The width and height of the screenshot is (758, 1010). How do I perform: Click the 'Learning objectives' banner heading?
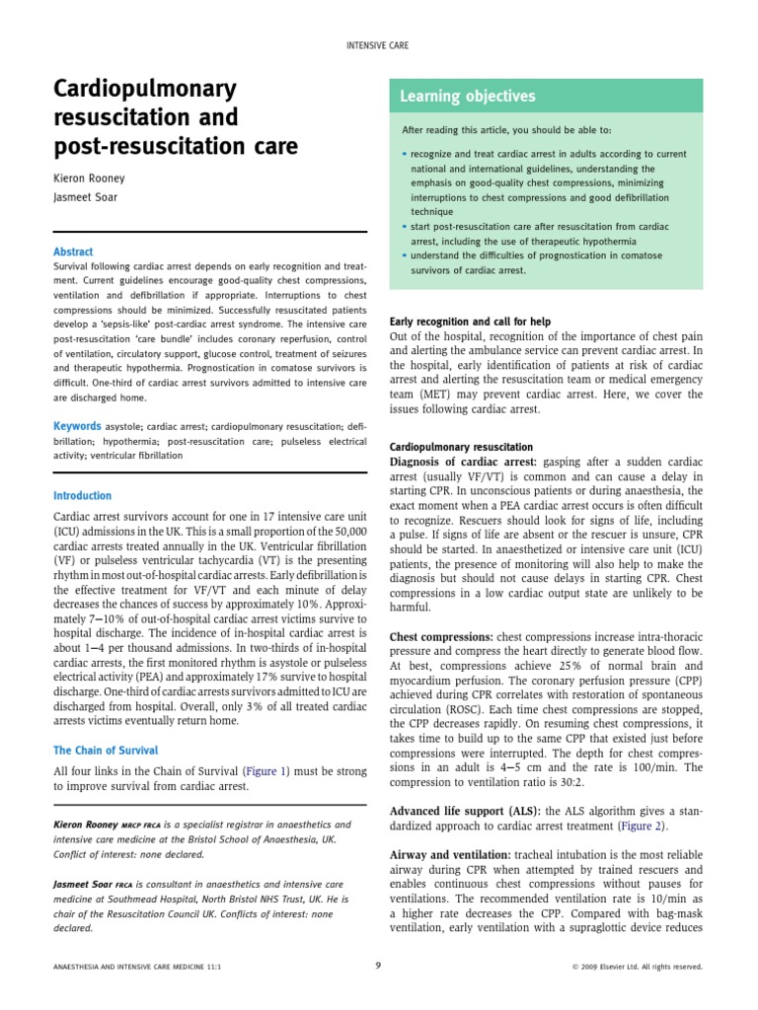click(467, 97)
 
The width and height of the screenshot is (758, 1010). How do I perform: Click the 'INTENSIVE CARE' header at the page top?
click(379, 45)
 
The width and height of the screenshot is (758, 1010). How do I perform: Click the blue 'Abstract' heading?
click(73, 252)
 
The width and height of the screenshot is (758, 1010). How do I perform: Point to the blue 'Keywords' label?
click(76, 426)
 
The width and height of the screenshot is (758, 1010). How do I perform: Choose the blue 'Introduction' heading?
click(82, 496)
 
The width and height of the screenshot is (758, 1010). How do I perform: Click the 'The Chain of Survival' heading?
click(105, 751)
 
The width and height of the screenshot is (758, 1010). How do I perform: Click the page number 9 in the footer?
click(379, 966)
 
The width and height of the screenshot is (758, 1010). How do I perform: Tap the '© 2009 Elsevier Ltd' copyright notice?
click(637, 967)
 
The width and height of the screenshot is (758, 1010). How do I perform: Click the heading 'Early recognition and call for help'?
click(471, 322)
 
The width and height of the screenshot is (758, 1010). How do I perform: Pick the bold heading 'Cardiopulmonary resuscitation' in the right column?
click(461, 447)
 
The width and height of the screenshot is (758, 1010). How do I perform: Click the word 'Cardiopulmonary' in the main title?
click(145, 90)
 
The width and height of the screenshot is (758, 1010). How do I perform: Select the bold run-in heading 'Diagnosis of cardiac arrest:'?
click(464, 462)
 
